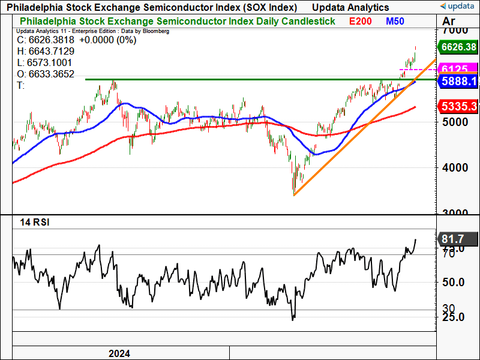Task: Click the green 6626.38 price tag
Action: (x=458, y=47)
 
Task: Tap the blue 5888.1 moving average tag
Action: (x=458, y=81)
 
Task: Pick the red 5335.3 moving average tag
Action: (x=459, y=106)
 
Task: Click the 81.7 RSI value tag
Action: (x=454, y=239)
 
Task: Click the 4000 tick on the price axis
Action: (x=454, y=167)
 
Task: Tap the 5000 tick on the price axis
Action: (x=454, y=121)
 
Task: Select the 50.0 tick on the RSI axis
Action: (x=454, y=282)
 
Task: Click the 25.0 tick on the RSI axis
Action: (x=454, y=317)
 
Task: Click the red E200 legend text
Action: (x=361, y=21)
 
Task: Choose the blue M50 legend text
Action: (x=395, y=21)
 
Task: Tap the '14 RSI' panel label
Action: (x=33, y=222)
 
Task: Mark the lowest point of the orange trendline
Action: (x=293, y=195)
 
